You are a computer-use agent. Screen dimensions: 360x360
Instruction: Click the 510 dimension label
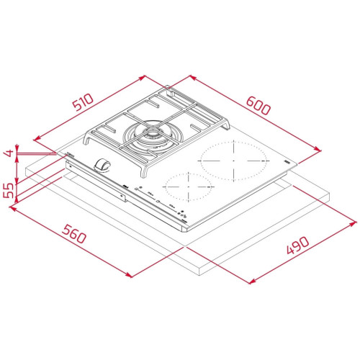coord(83,102)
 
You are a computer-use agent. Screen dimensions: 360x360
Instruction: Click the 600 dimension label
coord(258,105)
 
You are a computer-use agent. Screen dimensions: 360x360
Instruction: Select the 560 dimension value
coord(73,234)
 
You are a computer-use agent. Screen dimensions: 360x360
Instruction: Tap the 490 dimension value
coord(297,245)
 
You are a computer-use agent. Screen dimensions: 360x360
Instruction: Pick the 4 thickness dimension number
coord(9,153)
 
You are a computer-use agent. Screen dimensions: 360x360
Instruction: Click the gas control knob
coord(102,165)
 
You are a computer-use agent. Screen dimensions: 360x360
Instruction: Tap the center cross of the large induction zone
coord(233,161)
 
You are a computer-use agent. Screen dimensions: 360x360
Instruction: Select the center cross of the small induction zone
coord(189,186)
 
